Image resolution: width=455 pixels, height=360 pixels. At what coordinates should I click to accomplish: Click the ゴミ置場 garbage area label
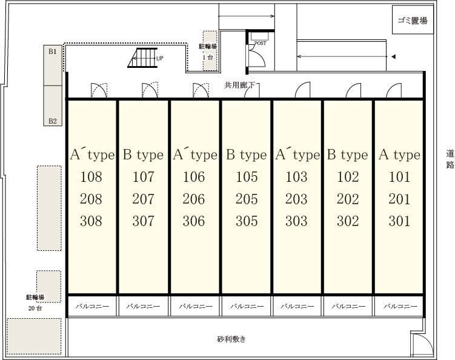point(413,21)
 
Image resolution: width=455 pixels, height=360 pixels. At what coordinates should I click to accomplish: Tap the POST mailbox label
point(261,43)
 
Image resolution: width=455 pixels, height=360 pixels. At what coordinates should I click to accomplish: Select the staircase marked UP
point(142,58)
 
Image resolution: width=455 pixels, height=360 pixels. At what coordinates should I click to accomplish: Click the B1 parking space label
point(53,52)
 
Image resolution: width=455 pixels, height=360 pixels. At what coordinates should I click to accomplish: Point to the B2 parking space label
point(53,121)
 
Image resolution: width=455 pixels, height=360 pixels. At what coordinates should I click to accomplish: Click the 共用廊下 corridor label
point(239,85)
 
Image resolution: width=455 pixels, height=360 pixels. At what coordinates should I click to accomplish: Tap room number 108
point(91,177)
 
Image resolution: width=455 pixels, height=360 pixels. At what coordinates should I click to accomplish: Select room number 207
point(144,199)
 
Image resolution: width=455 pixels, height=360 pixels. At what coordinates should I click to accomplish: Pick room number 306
point(194,221)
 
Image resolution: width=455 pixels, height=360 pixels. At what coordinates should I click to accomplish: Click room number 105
point(247,177)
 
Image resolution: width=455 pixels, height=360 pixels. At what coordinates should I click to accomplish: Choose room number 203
point(296,199)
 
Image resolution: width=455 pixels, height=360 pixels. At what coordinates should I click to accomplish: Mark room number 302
point(348,221)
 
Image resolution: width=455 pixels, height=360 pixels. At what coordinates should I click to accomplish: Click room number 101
point(400,177)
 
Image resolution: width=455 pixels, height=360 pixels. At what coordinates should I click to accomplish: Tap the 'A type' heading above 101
point(400,155)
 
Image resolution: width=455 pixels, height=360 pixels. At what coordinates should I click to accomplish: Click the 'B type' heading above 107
point(144,155)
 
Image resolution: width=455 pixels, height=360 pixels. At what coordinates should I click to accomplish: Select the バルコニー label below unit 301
point(400,306)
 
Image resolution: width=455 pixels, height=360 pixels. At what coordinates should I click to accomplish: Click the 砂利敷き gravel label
point(231,339)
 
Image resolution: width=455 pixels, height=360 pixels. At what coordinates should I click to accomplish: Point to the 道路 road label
point(450,159)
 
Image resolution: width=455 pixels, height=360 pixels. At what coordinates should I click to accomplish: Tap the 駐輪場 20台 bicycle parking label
point(35,302)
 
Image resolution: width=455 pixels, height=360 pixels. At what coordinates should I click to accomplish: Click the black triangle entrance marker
point(393,56)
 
